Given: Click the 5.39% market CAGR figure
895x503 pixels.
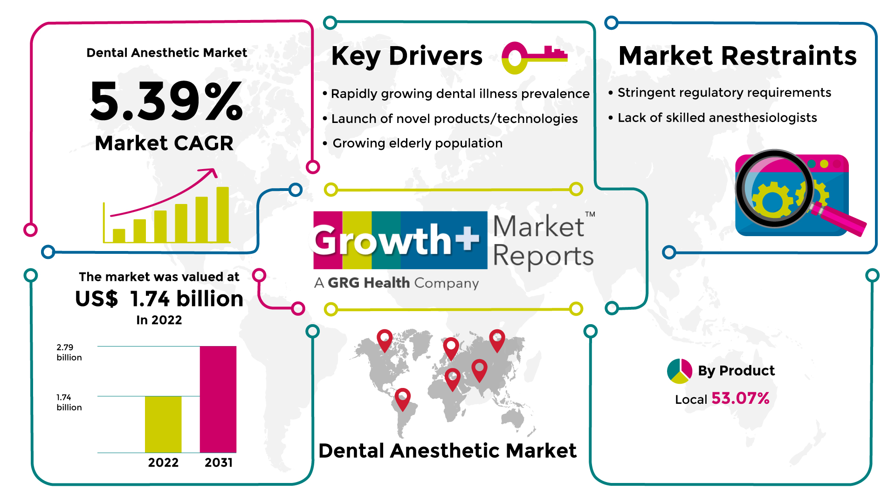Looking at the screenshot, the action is coord(166,101).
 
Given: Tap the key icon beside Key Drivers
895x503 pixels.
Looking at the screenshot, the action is coord(534,58).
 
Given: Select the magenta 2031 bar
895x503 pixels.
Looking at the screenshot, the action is coord(218,399).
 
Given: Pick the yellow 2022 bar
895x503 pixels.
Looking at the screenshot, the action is coord(163,424).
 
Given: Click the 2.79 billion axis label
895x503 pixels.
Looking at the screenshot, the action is coord(69,353).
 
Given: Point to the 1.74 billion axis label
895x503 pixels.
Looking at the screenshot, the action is coord(69,402).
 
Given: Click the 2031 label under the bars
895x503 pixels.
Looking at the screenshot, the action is coord(219,462).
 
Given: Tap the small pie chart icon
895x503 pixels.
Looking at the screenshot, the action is coord(680,371).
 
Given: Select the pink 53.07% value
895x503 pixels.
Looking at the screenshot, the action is coord(740,399).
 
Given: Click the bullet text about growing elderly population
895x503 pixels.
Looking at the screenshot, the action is coord(418,143).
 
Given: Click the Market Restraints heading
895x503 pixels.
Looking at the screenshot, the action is coord(737,56).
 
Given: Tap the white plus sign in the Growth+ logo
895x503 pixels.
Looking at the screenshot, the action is coord(468,238).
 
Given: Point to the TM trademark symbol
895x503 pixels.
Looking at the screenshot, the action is coord(590,214).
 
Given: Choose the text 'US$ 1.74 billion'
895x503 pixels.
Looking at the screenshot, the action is coord(159,299).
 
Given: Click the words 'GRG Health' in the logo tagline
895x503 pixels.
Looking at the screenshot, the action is coord(369,283).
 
